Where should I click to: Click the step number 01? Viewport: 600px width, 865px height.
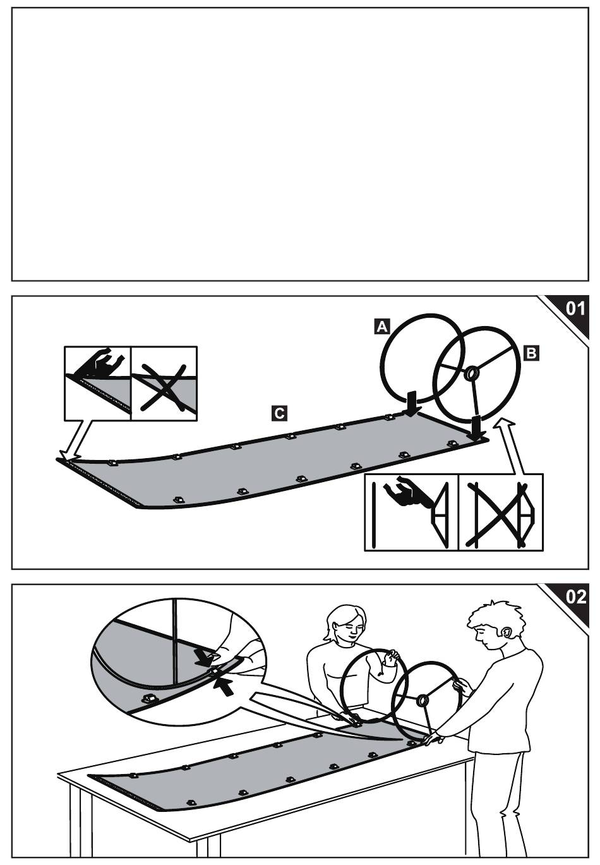click(x=575, y=308)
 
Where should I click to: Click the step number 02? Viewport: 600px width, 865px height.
click(x=575, y=596)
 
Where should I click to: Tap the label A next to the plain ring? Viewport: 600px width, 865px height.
click(x=382, y=326)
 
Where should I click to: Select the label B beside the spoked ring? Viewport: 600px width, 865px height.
click(x=532, y=353)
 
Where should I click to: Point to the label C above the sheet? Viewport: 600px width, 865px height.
click(x=278, y=413)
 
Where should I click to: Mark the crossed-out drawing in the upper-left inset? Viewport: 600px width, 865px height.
click(x=164, y=386)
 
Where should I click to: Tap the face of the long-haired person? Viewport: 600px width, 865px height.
click(x=347, y=629)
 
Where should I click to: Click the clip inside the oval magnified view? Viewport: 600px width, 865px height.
click(x=150, y=698)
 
